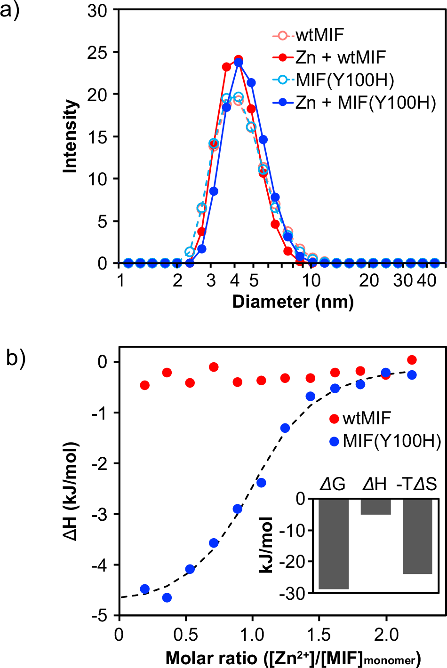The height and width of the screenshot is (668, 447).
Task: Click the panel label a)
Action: (10, 10)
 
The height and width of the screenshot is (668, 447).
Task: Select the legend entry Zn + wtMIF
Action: (340, 57)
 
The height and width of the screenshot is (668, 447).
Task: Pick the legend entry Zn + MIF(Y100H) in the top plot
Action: (365, 103)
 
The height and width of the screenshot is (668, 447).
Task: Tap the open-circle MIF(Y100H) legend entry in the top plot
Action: (344, 80)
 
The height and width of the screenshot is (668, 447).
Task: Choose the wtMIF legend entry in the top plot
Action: (319, 35)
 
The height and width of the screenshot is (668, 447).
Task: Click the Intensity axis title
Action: (70, 136)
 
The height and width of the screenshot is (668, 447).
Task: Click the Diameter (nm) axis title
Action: (293, 302)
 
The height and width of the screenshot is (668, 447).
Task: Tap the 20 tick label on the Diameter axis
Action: (369, 281)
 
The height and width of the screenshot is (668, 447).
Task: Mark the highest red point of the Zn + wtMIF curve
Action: (239, 60)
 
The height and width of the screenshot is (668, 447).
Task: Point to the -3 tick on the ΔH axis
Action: (102, 514)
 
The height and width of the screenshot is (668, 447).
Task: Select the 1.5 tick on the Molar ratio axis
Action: (319, 635)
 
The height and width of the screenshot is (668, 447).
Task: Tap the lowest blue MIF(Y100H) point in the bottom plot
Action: (167, 597)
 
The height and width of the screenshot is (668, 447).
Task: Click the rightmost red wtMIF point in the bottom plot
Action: (412, 360)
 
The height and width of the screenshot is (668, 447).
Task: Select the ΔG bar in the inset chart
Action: (334, 543)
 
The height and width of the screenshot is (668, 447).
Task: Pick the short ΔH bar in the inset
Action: (375, 507)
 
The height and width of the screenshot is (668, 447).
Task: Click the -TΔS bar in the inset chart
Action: (417, 536)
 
